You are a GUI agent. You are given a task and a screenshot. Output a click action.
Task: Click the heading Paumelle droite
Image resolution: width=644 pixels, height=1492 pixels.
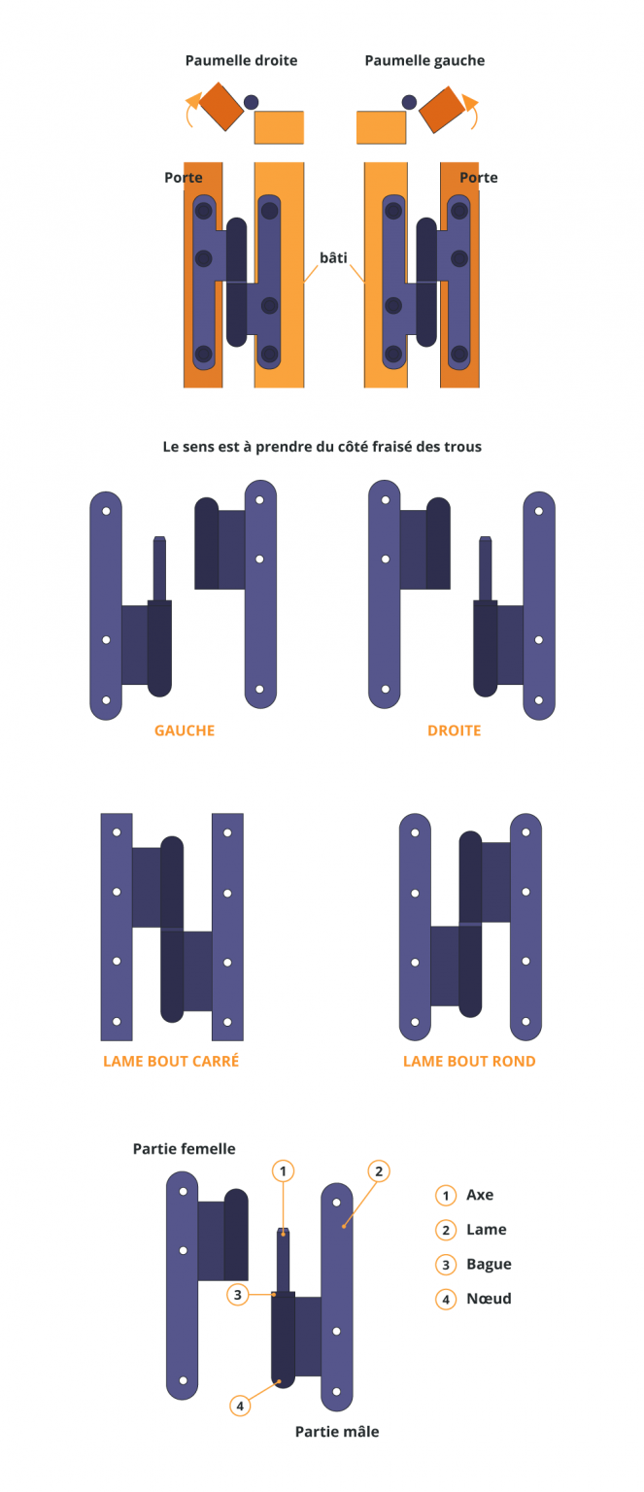[241, 60]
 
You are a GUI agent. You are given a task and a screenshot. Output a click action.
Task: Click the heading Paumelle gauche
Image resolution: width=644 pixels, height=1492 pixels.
[424, 60]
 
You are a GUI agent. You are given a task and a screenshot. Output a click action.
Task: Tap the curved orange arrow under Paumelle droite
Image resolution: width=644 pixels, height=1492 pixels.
[190, 109]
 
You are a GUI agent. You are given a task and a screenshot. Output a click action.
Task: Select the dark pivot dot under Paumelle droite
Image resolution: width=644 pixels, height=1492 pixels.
[251, 102]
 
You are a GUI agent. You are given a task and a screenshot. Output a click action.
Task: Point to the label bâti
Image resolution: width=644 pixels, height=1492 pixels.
[333, 257]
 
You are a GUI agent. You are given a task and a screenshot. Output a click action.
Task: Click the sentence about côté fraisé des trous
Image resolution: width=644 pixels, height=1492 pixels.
[322, 446]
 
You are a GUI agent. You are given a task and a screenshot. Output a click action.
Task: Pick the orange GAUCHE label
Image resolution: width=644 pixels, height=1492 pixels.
[185, 730]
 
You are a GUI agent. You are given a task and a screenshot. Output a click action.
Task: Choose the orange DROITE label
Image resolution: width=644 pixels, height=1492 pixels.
[455, 730]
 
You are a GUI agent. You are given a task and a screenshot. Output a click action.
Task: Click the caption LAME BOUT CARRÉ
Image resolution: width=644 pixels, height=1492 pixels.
[171, 1061]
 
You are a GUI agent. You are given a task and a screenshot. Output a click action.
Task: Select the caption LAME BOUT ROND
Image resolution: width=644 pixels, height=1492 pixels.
[469, 1061]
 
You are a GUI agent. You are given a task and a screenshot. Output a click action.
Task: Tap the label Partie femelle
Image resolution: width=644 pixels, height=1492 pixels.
[185, 1149]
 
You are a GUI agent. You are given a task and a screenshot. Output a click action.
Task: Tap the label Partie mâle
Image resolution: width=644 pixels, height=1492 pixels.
[337, 1432]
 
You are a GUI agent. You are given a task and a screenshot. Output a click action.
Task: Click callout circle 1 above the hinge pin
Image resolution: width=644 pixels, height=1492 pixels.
[283, 1170]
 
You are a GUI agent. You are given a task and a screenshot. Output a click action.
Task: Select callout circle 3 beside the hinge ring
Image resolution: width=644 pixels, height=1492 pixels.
[238, 1294]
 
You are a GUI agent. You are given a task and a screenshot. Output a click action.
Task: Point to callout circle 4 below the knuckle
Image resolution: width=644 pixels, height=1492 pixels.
[240, 1407]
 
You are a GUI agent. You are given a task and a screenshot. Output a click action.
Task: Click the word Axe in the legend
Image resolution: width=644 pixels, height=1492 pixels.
[480, 1195]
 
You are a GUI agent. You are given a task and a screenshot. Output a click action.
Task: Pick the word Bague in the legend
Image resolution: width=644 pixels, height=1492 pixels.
[489, 1264]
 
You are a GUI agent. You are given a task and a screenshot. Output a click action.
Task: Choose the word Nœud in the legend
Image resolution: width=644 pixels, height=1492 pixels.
[489, 1298]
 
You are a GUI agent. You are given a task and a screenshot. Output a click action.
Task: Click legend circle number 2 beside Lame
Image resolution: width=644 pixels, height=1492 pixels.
[446, 1230]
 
